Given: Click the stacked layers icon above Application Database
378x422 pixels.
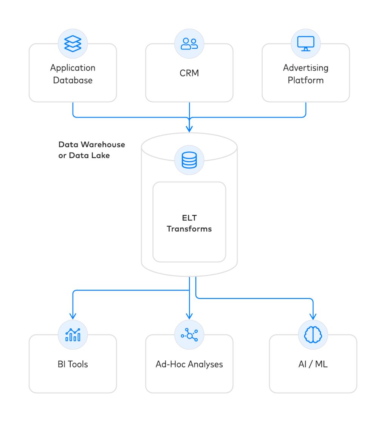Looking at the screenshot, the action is coord(73,43).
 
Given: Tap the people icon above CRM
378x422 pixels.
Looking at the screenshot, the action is coord(189,43).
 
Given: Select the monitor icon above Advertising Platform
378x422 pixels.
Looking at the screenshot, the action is coord(305,43).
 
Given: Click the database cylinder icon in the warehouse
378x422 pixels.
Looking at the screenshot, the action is coord(189,160).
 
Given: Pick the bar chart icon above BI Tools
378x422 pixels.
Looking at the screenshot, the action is coord(73,334).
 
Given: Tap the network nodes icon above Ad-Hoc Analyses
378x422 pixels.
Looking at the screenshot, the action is coord(189,334).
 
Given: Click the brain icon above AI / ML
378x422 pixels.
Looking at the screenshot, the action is coord(313,334).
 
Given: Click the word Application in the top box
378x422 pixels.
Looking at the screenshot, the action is coord(73,68).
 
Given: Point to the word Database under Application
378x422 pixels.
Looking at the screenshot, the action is coord(73,80).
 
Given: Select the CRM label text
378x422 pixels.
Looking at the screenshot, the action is coord(189,73).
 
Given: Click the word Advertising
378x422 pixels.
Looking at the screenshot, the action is coord(305,68).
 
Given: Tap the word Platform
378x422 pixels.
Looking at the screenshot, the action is coord(305,80).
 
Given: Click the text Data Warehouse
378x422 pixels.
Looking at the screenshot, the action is coord(91,145).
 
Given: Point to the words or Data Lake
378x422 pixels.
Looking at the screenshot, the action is coord(84,155).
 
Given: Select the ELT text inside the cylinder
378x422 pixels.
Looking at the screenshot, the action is coord(189,218).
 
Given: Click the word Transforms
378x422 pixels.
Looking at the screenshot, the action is coord(189,229).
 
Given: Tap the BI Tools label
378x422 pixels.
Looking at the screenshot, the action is coord(73,364).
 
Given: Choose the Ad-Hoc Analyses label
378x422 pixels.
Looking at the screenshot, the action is coord(189,364).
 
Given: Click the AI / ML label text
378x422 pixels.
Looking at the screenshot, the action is coord(313,364).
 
